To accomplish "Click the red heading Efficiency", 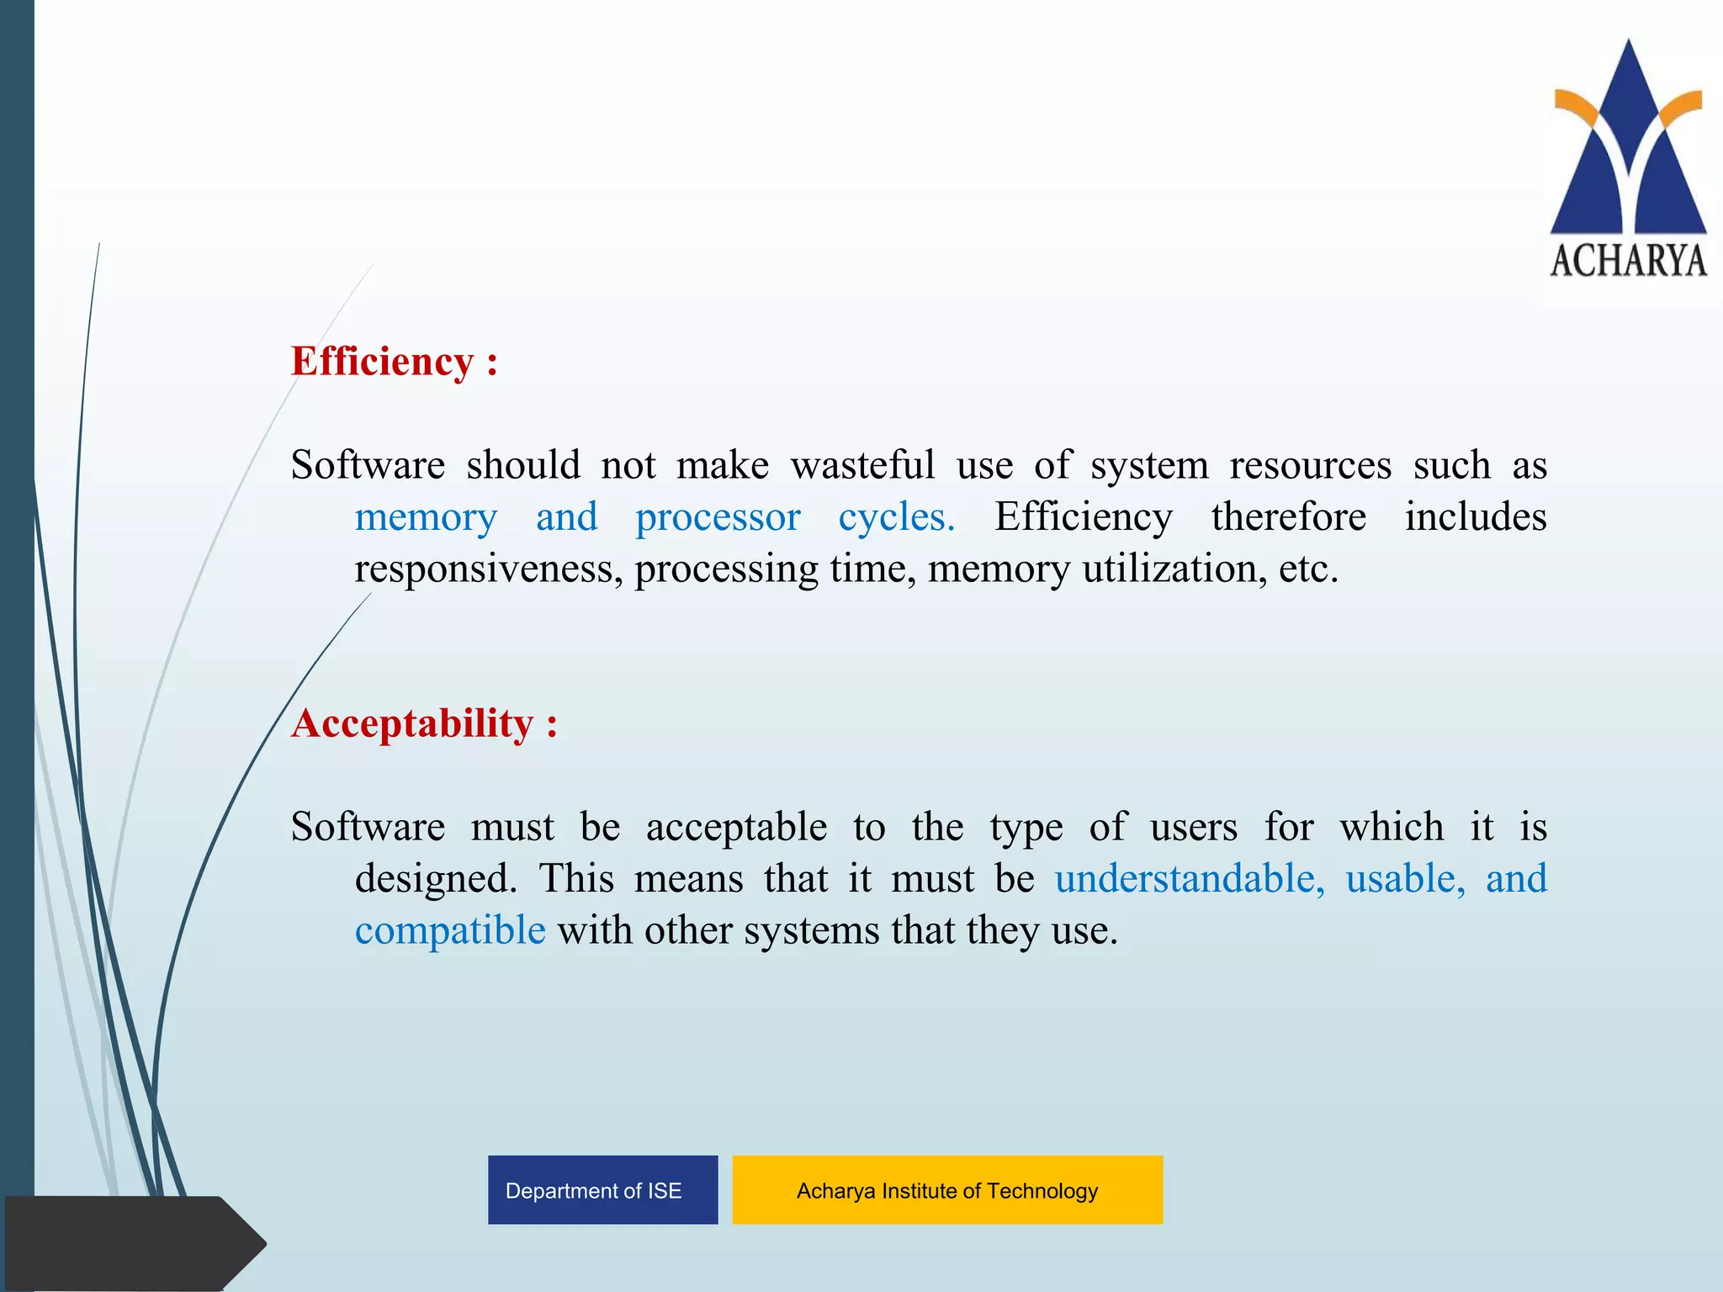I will click(382, 362).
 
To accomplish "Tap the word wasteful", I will click(862, 465).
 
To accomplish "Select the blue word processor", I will click(718, 517).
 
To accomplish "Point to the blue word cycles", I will click(896, 517).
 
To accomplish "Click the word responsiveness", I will click(488, 569).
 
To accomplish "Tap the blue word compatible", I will click(450, 931).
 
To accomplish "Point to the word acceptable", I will click(736, 828).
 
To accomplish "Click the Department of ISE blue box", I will click(602, 1190).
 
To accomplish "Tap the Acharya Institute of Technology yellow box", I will click(947, 1190).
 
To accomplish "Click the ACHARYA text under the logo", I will click(1629, 261).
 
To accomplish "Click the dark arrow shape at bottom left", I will click(126, 1243).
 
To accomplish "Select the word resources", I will click(1310, 465).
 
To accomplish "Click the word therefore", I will click(1288, 517).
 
